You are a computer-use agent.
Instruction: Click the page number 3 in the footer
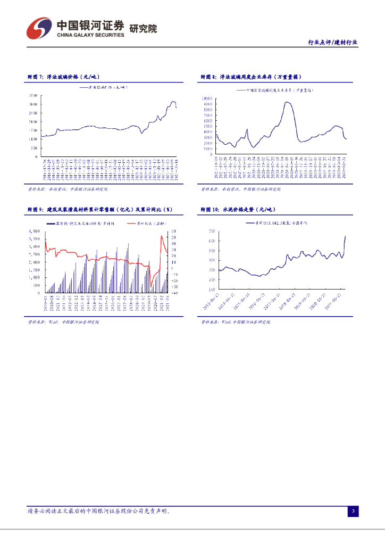(353, 511)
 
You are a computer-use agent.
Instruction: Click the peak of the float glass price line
(173, 102)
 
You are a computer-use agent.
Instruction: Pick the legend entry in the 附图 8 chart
(275, 90)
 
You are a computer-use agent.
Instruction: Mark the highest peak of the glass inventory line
(287, 102)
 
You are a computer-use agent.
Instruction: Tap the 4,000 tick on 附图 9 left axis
(34, 232)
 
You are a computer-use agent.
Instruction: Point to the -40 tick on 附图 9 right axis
(175, 293)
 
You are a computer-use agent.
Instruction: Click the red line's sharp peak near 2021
(162, 236)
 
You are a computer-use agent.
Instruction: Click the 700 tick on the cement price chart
(211, 231)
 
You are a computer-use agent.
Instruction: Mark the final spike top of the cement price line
(345, 236)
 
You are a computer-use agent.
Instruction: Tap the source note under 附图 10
(235, 322)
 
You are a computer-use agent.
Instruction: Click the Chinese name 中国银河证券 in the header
(89, 25)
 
